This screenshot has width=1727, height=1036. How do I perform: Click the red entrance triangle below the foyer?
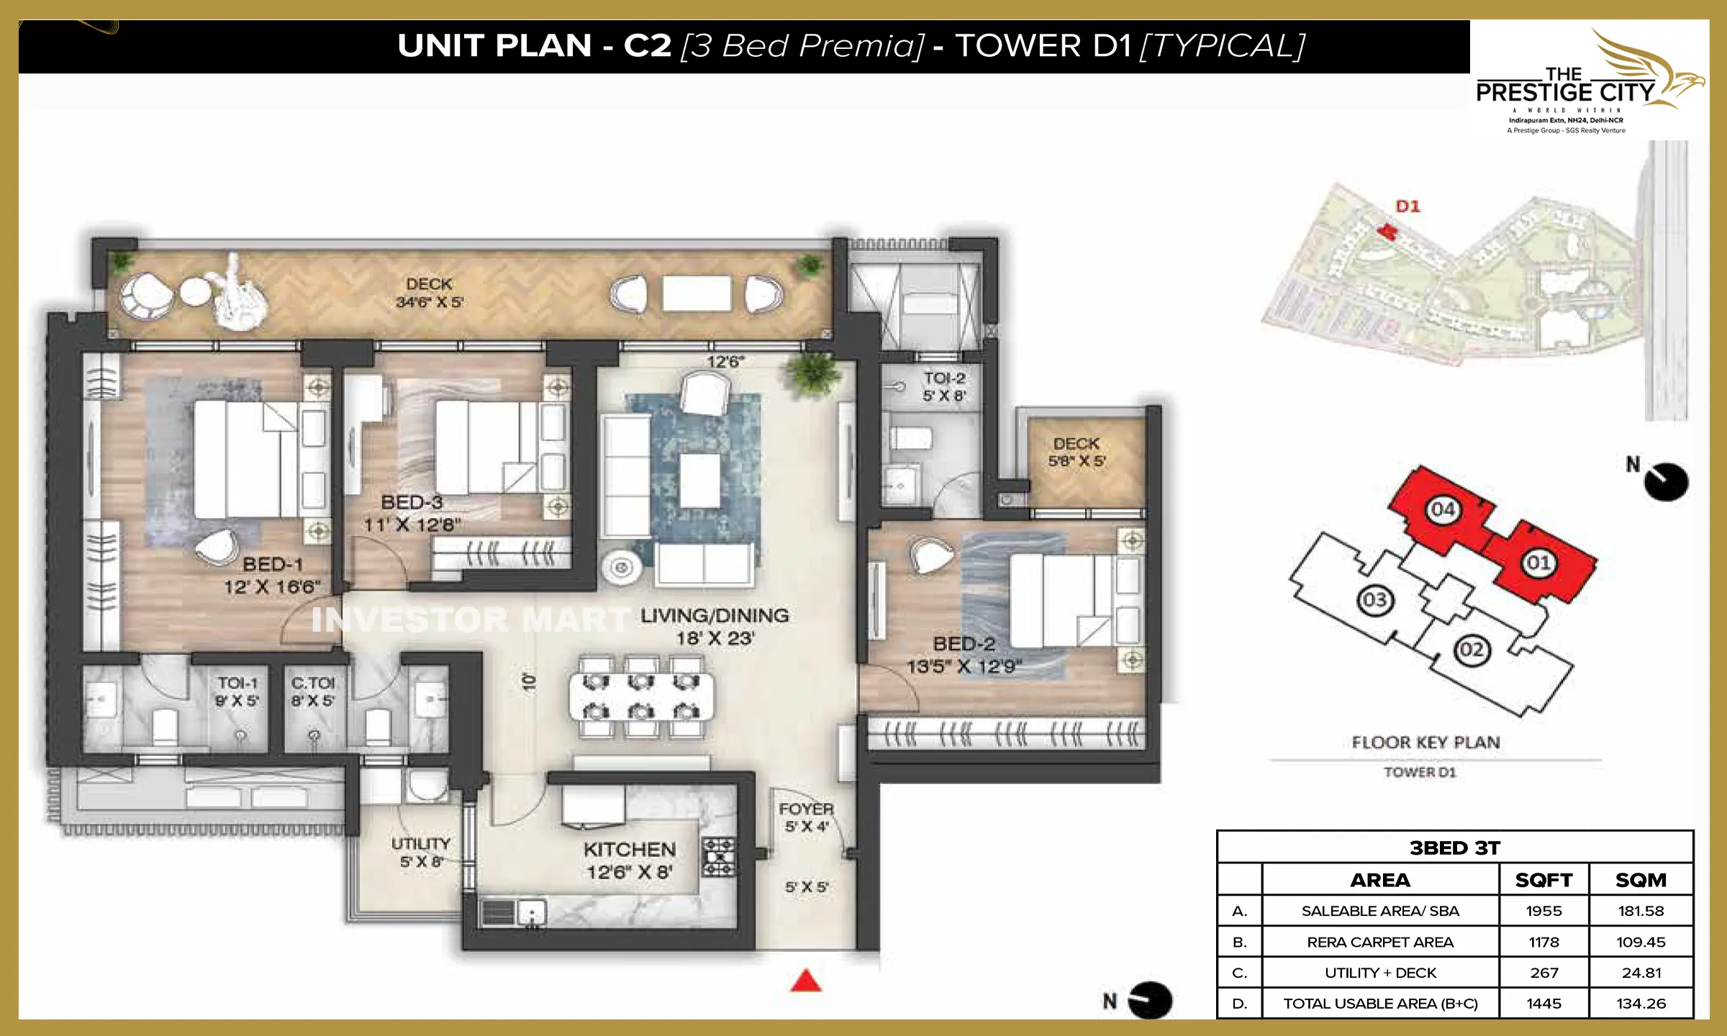pyautogui.click(x=806, y=981)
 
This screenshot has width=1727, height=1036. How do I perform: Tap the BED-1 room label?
pyautogui.click(x=272, y=565)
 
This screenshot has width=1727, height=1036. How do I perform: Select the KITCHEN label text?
pyautogui.click(x=630, y=850)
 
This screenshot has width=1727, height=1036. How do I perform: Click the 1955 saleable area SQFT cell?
pyautogui.click(x=1544, y=911)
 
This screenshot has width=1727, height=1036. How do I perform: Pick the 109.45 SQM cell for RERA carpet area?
pyautogui.click(x=1641, y=942)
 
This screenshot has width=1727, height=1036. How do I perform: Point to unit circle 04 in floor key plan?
pyautogui.click(x=1443, y=509)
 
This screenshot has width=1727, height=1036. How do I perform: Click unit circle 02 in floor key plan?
pyautogui.click(x=1472, y=650)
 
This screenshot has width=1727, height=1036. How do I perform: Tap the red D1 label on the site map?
pyautogui.click(x=1408, y=206)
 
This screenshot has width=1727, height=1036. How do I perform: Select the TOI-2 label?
pyautogui.click(x=944, y=378)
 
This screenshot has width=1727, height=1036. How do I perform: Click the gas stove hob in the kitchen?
pyautogui.click(x=718, y=856)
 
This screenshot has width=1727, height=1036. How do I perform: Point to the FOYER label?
pyautogui.click(x=806, y=809)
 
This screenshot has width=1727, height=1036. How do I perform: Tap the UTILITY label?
pyautogui.click(x=421, y=843)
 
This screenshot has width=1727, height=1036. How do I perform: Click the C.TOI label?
pyautogui.click(x=312, y=683)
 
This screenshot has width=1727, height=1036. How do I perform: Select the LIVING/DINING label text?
pyautogui.click(x=715, y=616)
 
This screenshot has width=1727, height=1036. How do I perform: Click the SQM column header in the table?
pyautogui.click(x=1641, y=880)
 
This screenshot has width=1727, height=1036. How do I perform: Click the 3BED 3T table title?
pyautogui.click(x=1454, y=848)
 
